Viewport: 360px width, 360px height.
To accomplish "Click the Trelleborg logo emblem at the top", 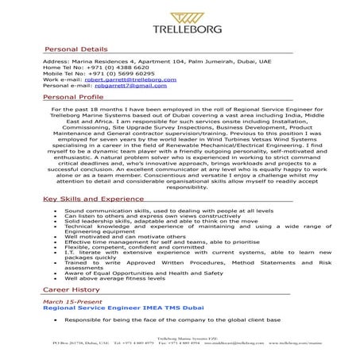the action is [x=180, y=15].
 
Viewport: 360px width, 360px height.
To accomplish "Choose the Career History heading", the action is [x=71, y=292].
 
